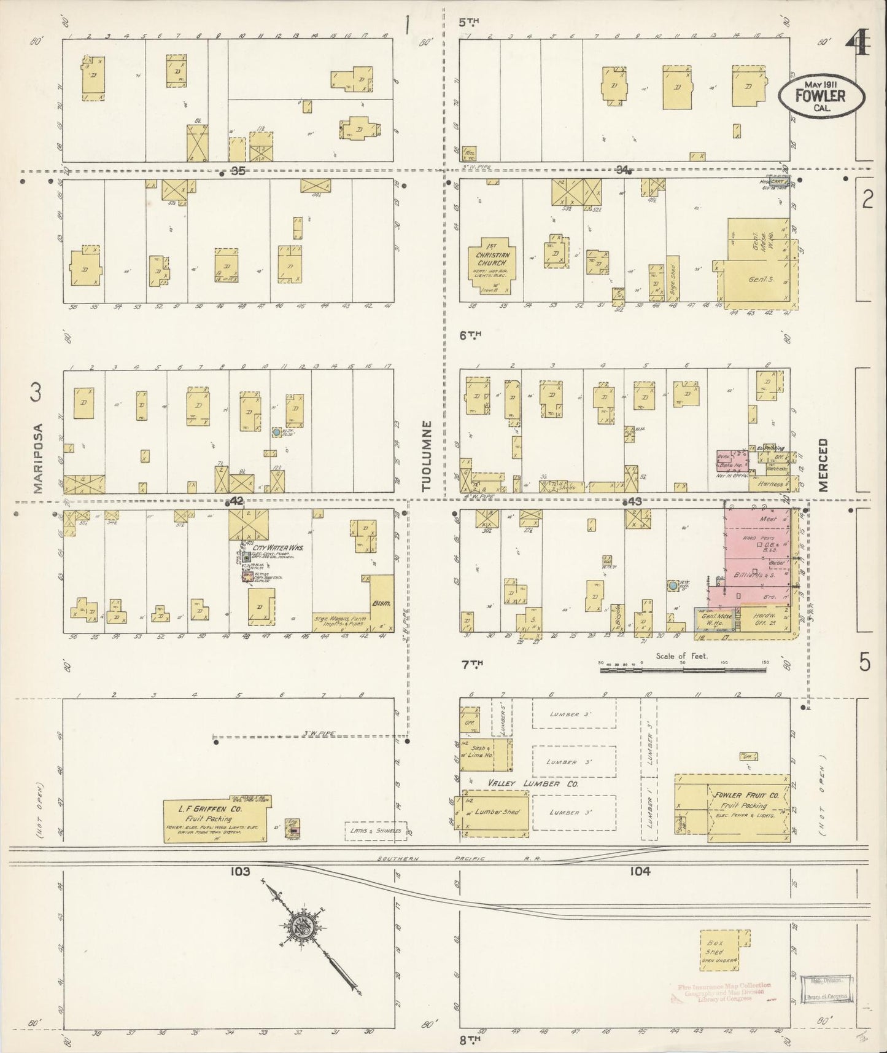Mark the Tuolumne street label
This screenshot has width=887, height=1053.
(x=427, y=455)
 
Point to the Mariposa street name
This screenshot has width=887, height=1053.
(x=38, y=458)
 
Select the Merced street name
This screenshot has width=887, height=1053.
(x=823, y=464)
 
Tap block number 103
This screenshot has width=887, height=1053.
(x=240, y=871)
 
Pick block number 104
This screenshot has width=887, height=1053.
(x=640, y=871)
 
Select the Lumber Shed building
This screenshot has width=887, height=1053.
(x=495, y=813)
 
